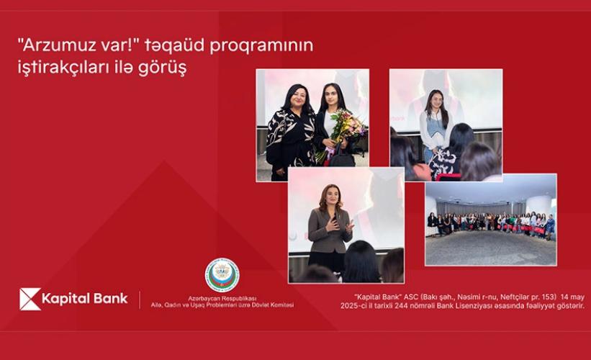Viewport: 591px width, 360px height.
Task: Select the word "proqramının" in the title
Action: (261, 46)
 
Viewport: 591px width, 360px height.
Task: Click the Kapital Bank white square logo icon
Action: (30, 299)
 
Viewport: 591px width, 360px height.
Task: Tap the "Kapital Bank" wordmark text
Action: (85, 299)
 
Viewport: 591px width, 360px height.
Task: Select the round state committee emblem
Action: (222, 275)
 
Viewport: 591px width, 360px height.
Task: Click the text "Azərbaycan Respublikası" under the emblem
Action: (222, 299)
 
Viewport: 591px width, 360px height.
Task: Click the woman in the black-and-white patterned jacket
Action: (290, 132)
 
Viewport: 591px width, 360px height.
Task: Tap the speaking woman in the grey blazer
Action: (330, 230)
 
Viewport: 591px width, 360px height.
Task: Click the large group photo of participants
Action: (491, 220)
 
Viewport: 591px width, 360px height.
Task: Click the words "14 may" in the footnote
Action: (572, 297)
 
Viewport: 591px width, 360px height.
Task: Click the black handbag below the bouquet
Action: (341, 156)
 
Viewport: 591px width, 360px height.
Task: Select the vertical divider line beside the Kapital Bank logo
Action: (140, 300)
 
